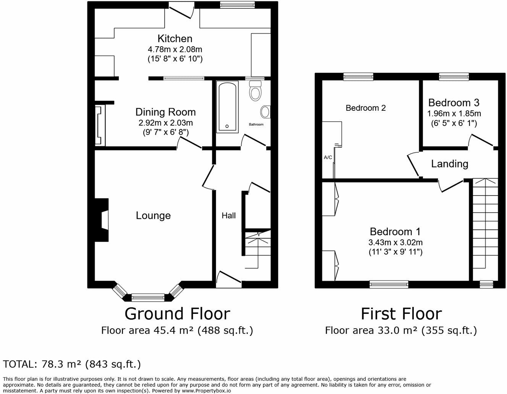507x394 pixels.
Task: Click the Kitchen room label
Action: pyautogui.click(x=175, y=39)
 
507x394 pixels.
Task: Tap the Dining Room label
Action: pyautogui.click(x=165, y=112)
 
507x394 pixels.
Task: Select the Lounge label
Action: pyautogui.click(x=153, y=215)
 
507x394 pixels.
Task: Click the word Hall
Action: pyautogui.click(x=229, y=216)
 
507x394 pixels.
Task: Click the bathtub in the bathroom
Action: pyautogui.click(x=227, y=107)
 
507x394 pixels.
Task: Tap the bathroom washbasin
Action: pyautogui.click(x=265, y=112)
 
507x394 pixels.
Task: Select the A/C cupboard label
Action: pyautogui.click(x=328, y=157)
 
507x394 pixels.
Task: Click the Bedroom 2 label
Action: pyautogui.click(x=365, y=108)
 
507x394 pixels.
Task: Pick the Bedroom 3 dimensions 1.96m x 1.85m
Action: pyautogui.click(x=454, y=113)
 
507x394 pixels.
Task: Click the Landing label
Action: pyautogui.click(x=449, y=164)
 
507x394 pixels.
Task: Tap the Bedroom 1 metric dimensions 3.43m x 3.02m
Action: pyautogui.click(x=395, y=242)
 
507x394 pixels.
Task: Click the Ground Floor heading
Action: pyautogui.click(x=177, y=314)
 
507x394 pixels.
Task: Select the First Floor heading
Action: pyautogui.click(x=401, y=314)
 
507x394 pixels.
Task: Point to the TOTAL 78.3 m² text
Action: pyautogui.click(x=72, y=364)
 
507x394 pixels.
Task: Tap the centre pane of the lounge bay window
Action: pyautogui.click(x=148, y=296)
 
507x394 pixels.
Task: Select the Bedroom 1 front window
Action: pyautogui.click(x=389, y=284)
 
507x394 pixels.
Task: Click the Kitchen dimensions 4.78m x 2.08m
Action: pyautogui.click(x=175, y=49)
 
